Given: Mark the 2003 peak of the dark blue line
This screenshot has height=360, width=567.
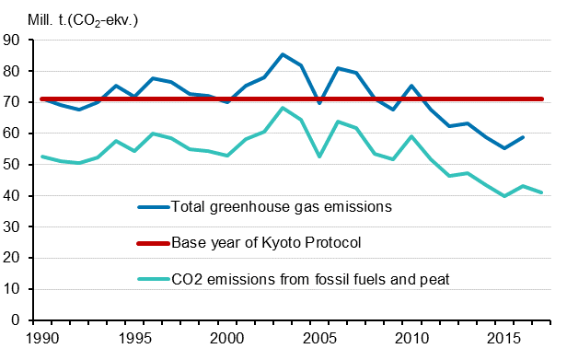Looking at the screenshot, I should (282, 54).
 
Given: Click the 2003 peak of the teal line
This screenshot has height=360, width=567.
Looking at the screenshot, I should (282, 108).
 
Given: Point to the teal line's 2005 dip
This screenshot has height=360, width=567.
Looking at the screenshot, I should (319, 157).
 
